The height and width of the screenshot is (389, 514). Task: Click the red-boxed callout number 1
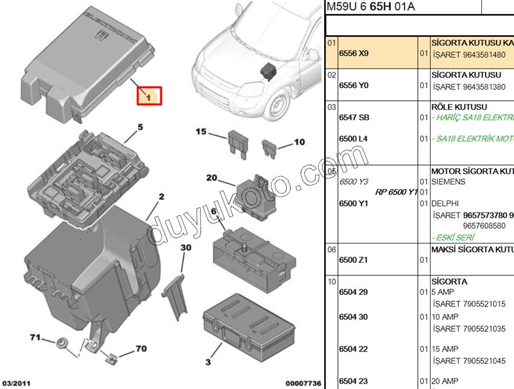point(148,95)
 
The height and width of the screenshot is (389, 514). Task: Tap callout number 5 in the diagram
point(140,127)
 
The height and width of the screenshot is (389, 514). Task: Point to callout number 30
point(186,248)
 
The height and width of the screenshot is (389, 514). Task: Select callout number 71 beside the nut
point(36,337)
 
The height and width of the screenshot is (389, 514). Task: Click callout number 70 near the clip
point(140,349)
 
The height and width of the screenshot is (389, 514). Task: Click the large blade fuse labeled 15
point(236,144)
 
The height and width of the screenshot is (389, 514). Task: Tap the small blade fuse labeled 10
point(269,146)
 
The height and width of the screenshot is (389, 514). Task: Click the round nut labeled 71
point(61,346)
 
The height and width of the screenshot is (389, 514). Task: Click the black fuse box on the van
point(267,68)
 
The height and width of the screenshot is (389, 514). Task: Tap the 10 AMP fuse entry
point(446,317)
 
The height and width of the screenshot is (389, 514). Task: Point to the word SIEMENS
point(448,182)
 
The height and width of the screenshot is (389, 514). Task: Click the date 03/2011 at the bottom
point(16,383)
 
